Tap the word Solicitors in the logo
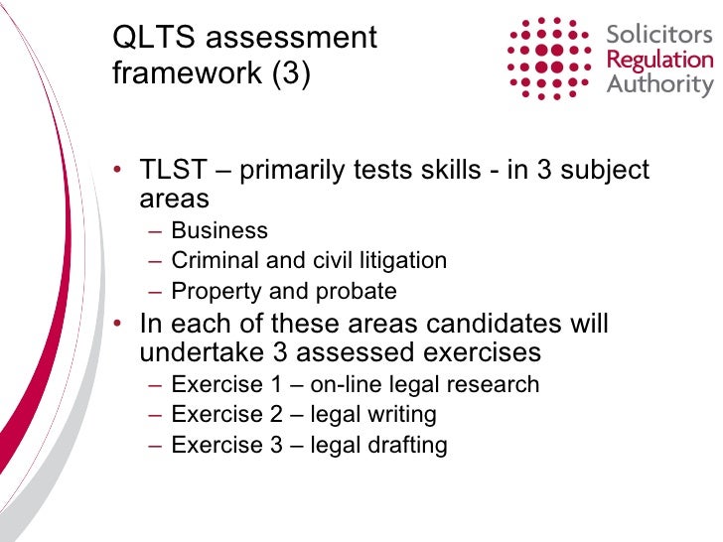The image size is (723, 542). click(x=659, y=35)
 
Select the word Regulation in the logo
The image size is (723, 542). click(x=659, y=60)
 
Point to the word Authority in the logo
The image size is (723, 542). click(x=659, y=84)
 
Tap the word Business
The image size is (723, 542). click(x=219, y=231)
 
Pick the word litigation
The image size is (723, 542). click(x=401, y=261)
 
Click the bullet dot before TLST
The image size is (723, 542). click(x=119, y=171)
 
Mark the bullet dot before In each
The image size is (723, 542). click(x=119, y=326)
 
